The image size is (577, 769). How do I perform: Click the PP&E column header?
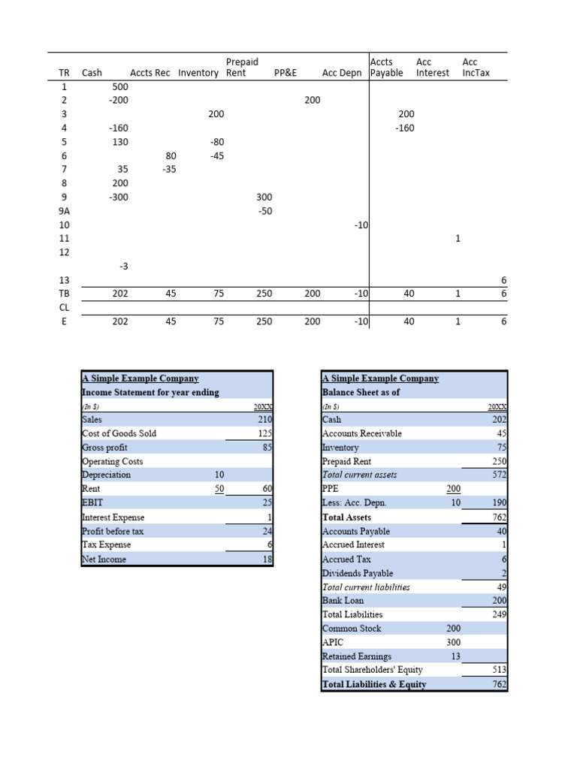tap(286, 73)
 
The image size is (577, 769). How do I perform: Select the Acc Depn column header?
tap(342, 73)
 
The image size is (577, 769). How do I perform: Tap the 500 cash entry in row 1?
tap(119, 86)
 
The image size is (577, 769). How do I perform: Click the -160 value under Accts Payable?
tap(405, 128)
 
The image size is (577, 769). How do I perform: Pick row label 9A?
tap(64, 211)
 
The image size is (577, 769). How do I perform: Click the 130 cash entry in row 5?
tap(119, 141)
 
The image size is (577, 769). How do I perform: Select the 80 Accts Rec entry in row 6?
tap(171, 155)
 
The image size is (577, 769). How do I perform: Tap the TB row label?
tap(64, 294)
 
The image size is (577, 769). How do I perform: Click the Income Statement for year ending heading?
tap(150, 392)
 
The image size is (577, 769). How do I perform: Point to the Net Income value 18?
tap(266, 559)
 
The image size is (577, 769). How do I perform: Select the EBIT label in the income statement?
tap(93, 503)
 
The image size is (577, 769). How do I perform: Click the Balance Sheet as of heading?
tap(361, 392)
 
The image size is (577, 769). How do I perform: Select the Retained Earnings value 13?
tap(455, 656)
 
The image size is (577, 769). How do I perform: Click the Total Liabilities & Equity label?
tap(373, 684)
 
